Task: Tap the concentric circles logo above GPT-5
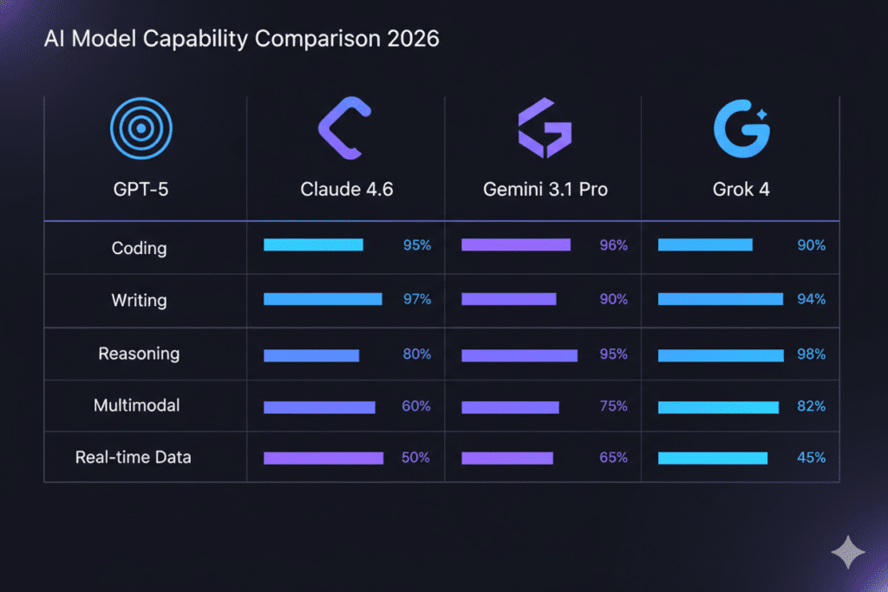click(140, 131)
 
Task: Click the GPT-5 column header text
click(140, 189)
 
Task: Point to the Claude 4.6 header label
click(347, 189)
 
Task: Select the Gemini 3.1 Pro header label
click(545, 189)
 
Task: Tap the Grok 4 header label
click(742, 189)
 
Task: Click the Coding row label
click(139, 248)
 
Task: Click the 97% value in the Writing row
click(416, 299)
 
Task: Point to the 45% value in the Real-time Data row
click(811, 458)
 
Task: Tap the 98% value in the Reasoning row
click(811, 355)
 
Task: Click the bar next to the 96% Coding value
click(516, 245)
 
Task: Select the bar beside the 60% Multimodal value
click(319, 407)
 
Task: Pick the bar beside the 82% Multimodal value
click(719, 407)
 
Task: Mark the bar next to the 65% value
click(507, 458)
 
